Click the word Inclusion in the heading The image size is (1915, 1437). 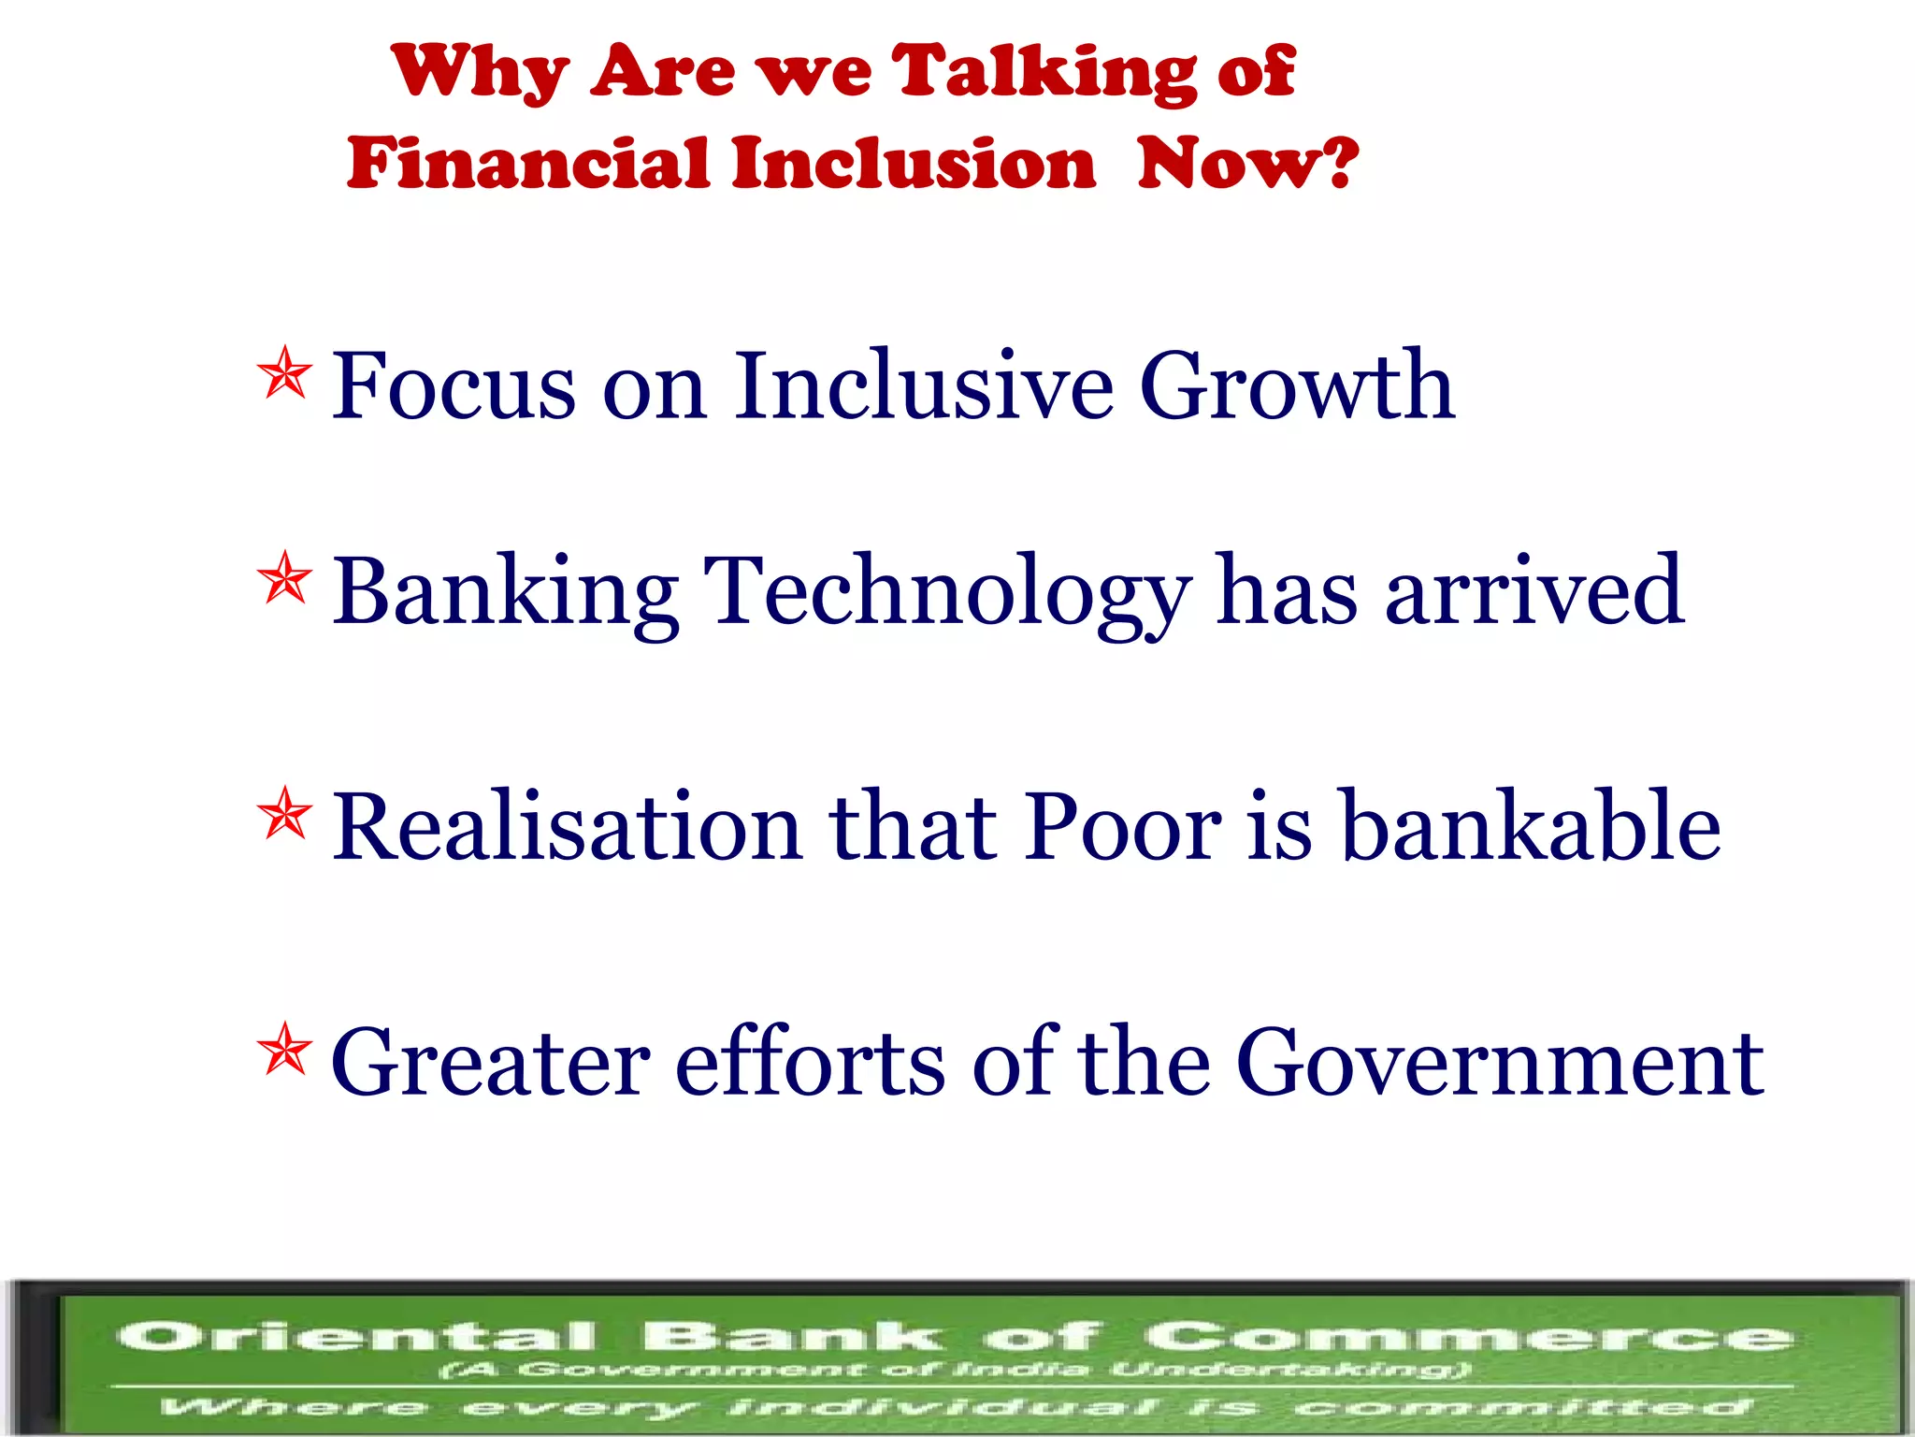click(913, 163)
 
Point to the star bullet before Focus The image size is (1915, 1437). click(284, 373)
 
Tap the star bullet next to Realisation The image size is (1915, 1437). click(284, 813)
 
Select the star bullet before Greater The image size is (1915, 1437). click(284, 1049)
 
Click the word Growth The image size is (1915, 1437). click(1296, 385)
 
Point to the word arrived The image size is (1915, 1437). click(1533, 591)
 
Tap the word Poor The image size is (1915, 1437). click(1121, 826)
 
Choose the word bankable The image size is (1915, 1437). click(1531, 826)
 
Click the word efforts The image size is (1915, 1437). click(810, 1062)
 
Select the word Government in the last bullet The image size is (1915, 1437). click(1499, 1062)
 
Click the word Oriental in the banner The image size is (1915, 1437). click(356, 1336)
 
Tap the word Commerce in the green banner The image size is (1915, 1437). click(1468, 1336)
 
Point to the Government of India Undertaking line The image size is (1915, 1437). click(954, 1371)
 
